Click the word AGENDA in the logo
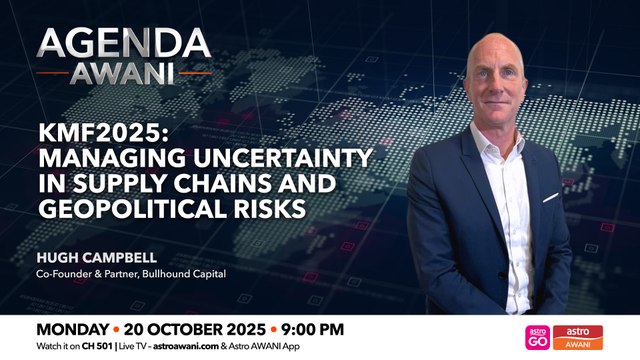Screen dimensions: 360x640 click(x=123, y=45)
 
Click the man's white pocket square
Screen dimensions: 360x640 click(x=549, y=197)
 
